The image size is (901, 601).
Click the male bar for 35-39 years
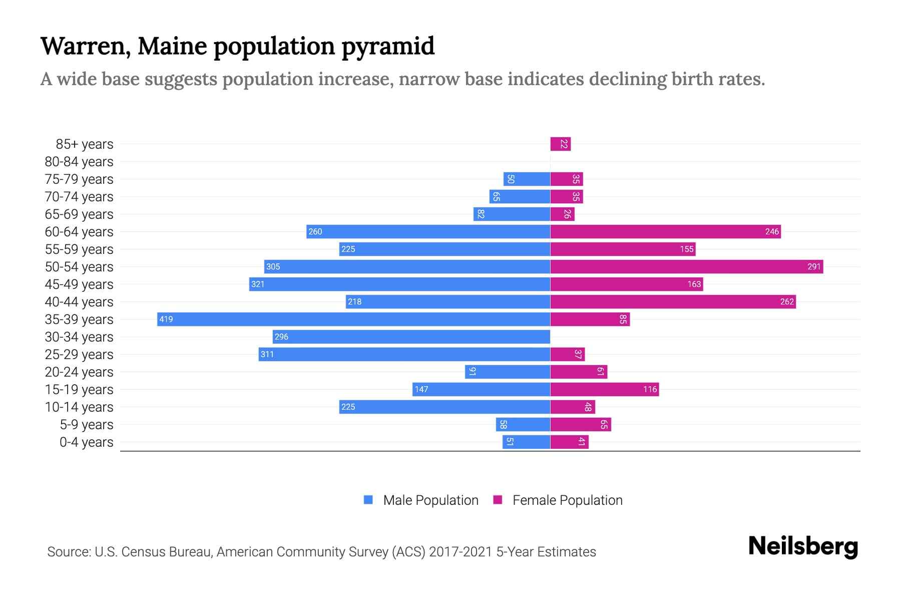click(x=353, y=320)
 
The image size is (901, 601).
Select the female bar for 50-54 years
click(x=686, y=267)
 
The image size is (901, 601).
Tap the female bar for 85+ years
click(x=560, y=144)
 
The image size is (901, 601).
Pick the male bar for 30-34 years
click(x=411, y=337)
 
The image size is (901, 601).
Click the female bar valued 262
click(x=673, y=302)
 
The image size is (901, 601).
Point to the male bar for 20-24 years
click(x=507, y=372)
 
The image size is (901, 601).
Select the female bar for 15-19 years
click(x=604, y=390)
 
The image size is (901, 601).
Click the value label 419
click(x=166, y=320)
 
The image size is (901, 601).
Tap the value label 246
click(x=772, y=232)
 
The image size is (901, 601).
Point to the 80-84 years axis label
click(x=79, y=162)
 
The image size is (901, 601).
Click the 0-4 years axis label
click(x=86, y=442)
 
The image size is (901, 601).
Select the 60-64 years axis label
click(x=79, y=232)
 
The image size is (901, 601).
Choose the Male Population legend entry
click(x=430, y=500)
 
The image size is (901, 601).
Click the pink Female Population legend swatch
click(x=498, y=500)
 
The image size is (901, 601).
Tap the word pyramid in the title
click(x=388, y=46)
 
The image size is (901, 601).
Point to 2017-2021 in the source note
click(x=460, y=552)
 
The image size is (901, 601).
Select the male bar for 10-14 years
click(x=444, y=407)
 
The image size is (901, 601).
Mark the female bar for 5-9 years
click(x=580, y=425)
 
